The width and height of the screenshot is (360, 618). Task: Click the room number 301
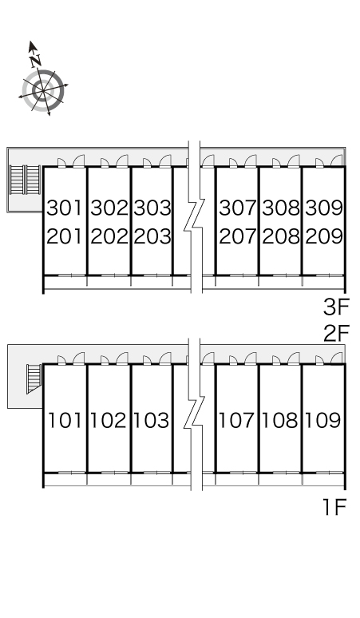(x=65, y=208)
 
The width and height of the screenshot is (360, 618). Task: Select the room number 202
(x=109, y=236)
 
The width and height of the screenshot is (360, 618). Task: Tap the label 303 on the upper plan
(x=152, y=208)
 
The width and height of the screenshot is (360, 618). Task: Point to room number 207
(x=238, y=236)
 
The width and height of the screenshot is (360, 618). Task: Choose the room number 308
(x=281, y=208)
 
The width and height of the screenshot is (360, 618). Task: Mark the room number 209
(x=324, y=236)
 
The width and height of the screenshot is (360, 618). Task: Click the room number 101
(x=65, y=420)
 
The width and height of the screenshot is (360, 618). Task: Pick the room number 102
(x=109, y=420)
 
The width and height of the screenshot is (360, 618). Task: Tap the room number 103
(x=151, y=420)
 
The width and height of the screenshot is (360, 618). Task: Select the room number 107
(x=236, y=420)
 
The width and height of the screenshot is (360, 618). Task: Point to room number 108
(x=279, y=420)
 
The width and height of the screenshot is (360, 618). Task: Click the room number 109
(x=322, y=420)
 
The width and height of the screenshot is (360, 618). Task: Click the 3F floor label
(x=336, y=307)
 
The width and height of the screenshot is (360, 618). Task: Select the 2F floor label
(x=336, y=334)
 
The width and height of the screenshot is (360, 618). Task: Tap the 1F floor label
(x=334, y=507)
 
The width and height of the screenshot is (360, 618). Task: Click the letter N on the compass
(x=36, y=61)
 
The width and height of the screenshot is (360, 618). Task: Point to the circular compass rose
(x=43, y=91)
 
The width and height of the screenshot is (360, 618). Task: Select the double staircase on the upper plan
(x=25, y=180)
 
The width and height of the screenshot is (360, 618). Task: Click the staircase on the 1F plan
(x=34, y=378)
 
